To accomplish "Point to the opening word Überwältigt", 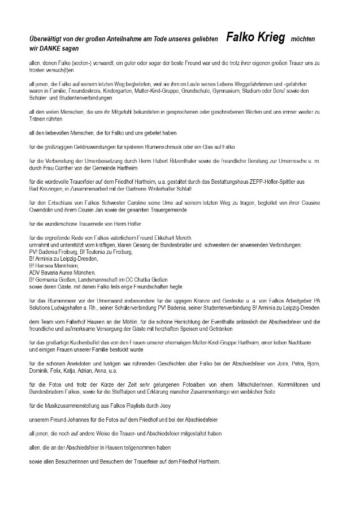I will coord(48,40).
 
